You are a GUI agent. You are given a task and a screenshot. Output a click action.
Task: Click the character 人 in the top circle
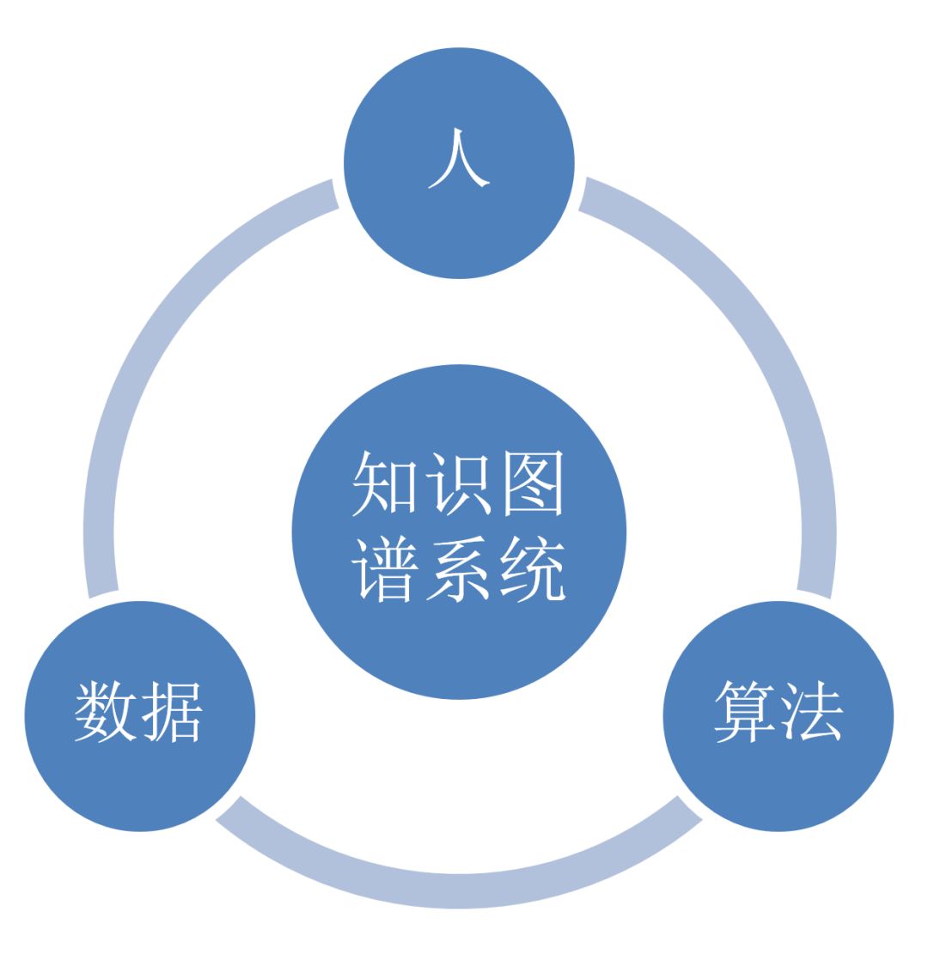[459, 159]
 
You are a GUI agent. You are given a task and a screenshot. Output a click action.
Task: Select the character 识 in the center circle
[459, 483]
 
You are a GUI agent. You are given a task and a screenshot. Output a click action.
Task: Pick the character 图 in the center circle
[534, 483]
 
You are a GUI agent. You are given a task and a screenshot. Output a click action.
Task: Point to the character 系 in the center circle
[459, 568]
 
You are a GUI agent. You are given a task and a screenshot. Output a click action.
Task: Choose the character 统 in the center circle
[534, 568]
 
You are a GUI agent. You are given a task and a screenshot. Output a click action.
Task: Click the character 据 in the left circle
[172, 712]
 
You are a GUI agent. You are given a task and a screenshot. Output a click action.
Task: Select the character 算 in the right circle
[745, 712]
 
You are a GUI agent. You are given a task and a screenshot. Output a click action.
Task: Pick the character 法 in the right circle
[810, 712]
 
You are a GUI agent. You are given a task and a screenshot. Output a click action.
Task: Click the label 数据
[139, 712]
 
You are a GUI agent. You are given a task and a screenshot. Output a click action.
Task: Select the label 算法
[778, 712]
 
